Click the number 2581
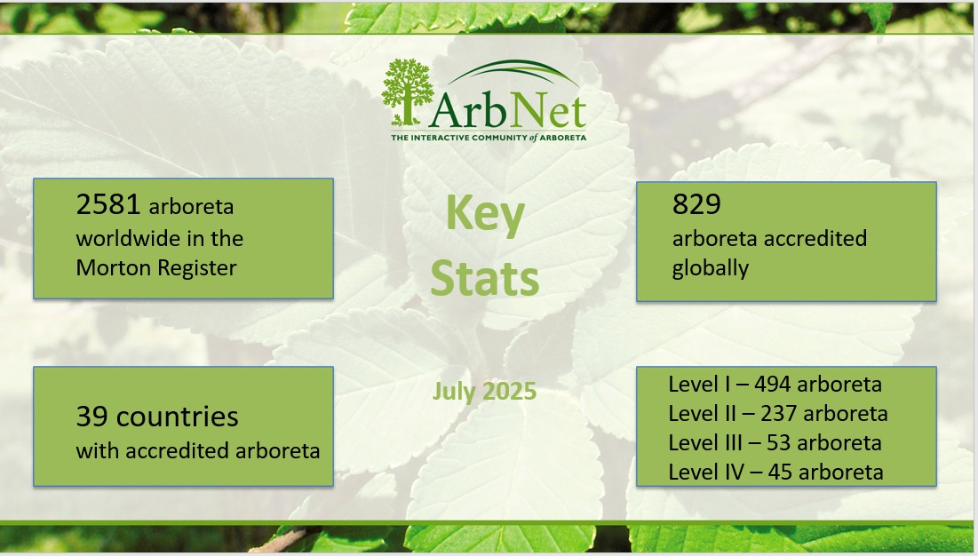click(x=107, y=204)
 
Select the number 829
click(x=696, y=203)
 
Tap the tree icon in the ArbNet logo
click(x=408, y=92)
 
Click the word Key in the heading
click(x=485, y=214)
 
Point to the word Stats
click(x=485, y=278)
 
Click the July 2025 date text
click(x=485, y=391)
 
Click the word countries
click(x=177, y=417)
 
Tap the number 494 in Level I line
click(x=773, y=384)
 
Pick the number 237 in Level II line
click(x=780, y=413)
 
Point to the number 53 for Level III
click(x=778, y=442)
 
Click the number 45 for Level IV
click(x=780, y=472)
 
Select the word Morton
click(x=114, y=267)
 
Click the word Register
click(x=196, y=268)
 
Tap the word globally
click(x=711, y=268)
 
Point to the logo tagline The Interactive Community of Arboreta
click(x=489, y=137)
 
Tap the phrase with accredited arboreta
click(x=198, y=450)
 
